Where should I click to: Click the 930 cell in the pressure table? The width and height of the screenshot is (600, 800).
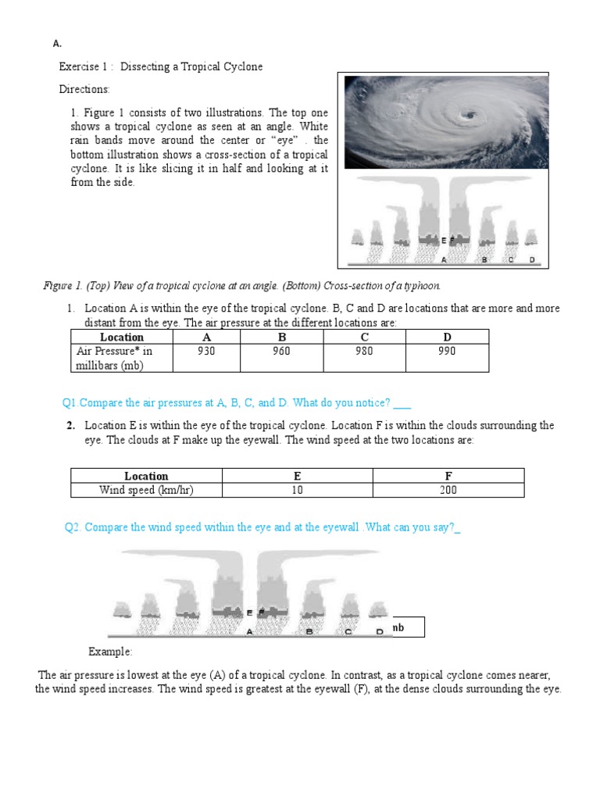pos(206,351)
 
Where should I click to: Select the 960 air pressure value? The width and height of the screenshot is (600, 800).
pos(282,351)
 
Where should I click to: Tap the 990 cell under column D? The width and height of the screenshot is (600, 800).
pos(447,351)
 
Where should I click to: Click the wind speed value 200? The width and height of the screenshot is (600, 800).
pos(448,490)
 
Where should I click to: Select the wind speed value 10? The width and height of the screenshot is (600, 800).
pos(297,490)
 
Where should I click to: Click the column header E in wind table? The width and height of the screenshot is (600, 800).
pos(297,476)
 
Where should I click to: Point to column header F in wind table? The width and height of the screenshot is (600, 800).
pos(448,476)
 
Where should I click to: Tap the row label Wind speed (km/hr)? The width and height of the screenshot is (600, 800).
pos(146,490)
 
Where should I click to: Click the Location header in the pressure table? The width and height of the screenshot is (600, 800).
pos(122,337)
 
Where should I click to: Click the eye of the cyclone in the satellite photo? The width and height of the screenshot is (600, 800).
pos(470,116)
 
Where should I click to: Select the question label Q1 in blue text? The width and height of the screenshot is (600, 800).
pos(70,403)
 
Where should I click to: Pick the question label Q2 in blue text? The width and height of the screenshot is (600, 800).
pos(73,527)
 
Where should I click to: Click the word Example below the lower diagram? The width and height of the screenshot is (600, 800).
pos(110,652)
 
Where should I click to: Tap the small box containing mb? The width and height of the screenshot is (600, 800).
pos(407,627)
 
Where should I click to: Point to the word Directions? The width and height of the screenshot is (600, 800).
pos(84,89)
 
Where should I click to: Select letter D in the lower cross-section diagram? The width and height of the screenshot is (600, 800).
pos(380,631)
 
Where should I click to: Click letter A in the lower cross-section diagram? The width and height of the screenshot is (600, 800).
pos(249,631)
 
